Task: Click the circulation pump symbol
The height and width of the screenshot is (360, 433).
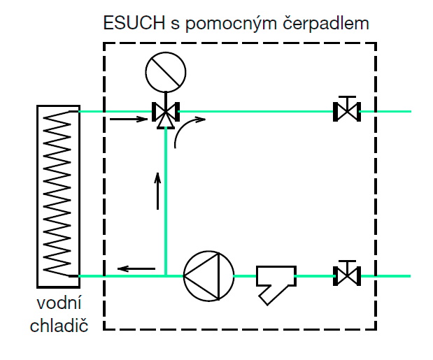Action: click(x=208, y=276)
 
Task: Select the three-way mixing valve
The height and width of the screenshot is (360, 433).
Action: click(x=166, y=113)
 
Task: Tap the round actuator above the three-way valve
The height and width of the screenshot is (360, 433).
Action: click(x=166, y=71)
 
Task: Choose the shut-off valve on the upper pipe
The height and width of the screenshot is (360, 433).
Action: click(x=346, y=110)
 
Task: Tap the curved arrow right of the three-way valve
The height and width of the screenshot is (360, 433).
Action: click(x=186, y=130)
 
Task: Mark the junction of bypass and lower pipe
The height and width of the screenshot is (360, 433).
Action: click(x=166, y=275)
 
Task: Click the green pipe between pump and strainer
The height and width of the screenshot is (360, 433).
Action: click(x=244, y=276)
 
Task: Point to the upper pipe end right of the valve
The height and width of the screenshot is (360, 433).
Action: click(x=392, y=110)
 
